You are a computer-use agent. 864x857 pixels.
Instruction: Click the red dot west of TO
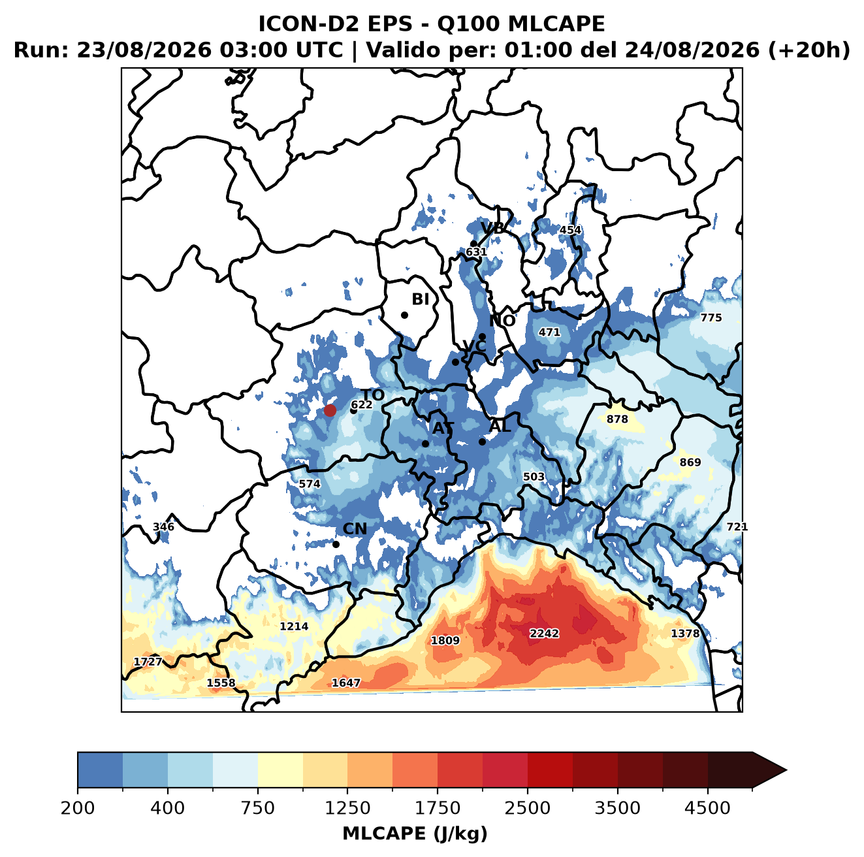tap(330, 410)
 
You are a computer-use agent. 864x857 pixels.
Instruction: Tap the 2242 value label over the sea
tap(544, 633)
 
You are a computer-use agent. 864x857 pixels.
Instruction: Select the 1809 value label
tap(445, 640)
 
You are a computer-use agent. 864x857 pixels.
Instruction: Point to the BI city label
tap(420, 299)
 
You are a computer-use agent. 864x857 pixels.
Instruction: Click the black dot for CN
tap(336, 544)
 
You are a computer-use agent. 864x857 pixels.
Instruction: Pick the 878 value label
tap(617, 419)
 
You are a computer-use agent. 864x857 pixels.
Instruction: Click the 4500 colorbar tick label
tap(707, 808)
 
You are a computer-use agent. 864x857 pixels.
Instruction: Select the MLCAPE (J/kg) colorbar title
tap(415, 833)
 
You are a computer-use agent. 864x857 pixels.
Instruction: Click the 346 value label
tap(163, 526)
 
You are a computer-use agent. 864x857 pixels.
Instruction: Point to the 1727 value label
tap(148, 662)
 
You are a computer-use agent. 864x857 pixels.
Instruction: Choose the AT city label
tap(443, 428)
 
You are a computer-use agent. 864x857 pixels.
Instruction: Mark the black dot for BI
tap(404, 315)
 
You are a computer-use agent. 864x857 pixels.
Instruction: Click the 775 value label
tap(711, 317)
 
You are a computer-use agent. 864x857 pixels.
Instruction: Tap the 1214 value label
tap(294, 626)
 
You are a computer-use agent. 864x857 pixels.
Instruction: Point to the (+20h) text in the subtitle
tap(808, 50)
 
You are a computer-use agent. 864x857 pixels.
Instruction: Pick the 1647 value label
tap(345, 683)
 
